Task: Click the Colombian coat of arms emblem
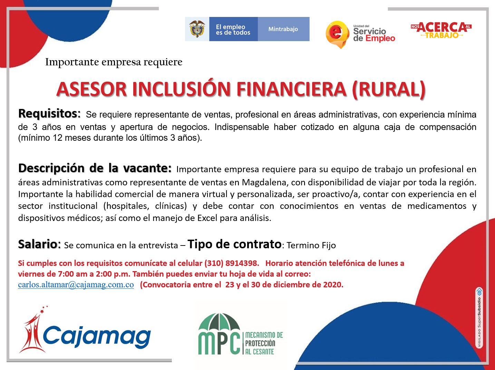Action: pyautogui.click(x=197, y=29)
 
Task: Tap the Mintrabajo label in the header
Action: pyautogui.click(x=283, y=29)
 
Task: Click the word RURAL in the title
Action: pyautogui.click(x=389, y=89)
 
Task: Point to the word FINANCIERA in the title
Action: pyautogui.click(x=291, y=89)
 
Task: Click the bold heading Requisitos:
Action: pyautogui.click(x=49, y=113)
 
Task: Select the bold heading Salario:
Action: pyautogui.click(x=39, y=244)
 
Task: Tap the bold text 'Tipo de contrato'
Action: pyautogui.click(x=235, y=244)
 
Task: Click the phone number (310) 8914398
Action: pyautogui.click(x=232, y=263)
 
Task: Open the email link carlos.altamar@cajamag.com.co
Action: pyautogui.click(x=76, y=285)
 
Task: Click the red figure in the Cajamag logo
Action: pyautogui.click(x=33, y=330)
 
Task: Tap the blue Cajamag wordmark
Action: pyautogui.click(x=97, y=336)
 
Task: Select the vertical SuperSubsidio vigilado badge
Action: pyautogui.click(x=479, y=317)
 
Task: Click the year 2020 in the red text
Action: pyautogui.click(x=332, y=285)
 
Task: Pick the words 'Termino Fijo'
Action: pyautogui.click(x=311, y=246)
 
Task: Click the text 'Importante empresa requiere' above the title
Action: pyautogui.click(x=114, y=62)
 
